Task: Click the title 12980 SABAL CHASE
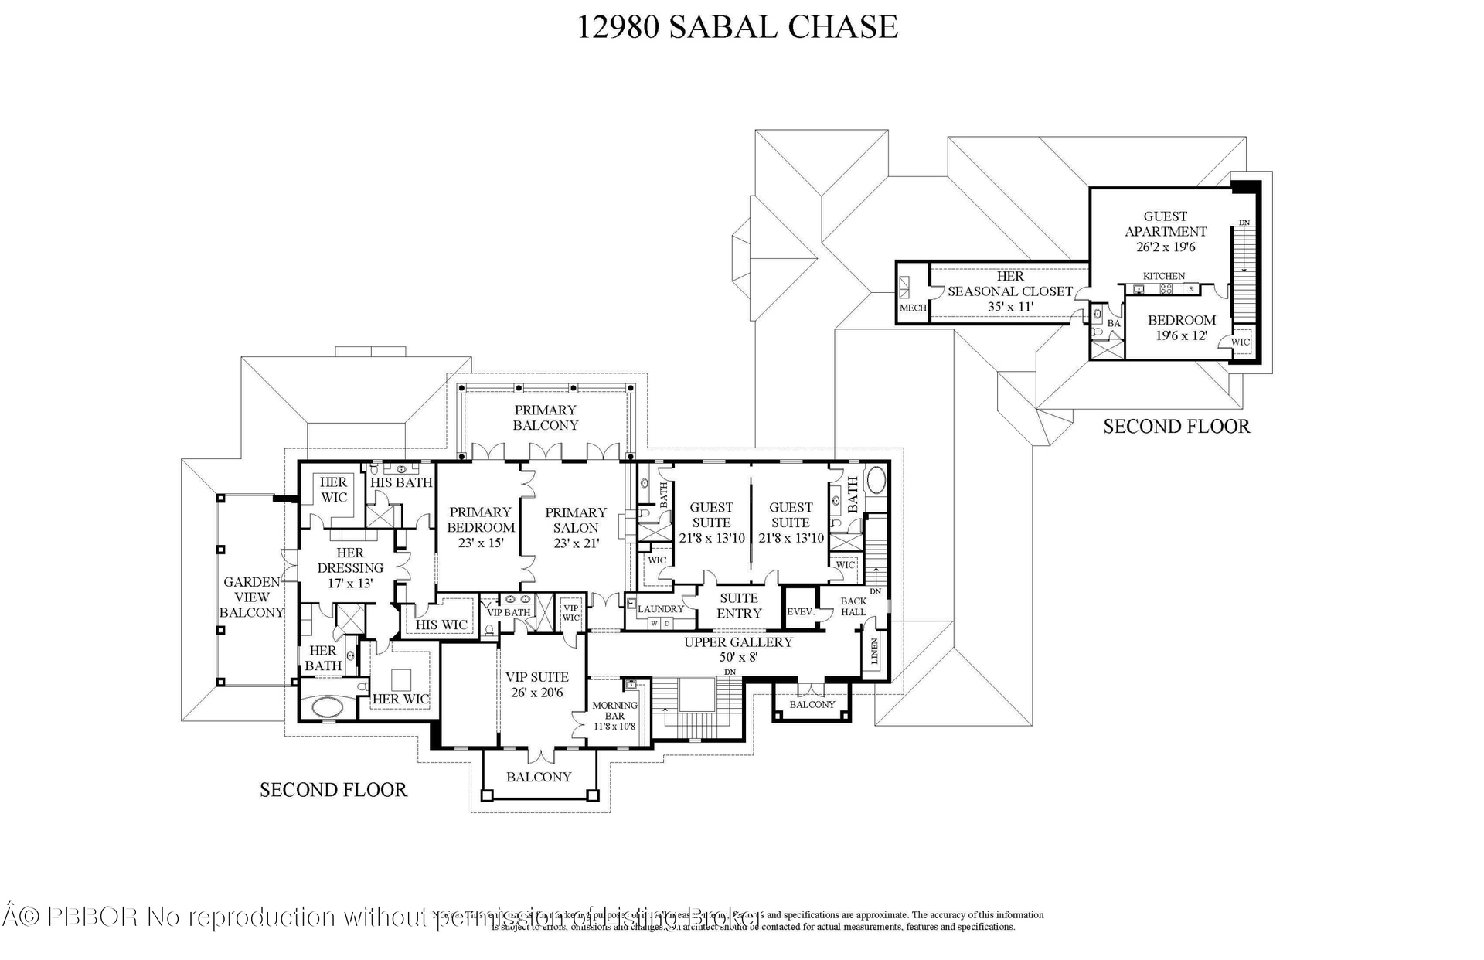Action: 737,26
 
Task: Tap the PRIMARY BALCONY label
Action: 545,417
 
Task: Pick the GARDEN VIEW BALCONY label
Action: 251,597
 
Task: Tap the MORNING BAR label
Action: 614,710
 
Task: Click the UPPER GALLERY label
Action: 738,642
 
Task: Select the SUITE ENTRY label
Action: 739,605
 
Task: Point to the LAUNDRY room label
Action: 661,609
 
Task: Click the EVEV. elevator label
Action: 801,611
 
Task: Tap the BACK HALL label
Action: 853,606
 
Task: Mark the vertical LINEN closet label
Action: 875,652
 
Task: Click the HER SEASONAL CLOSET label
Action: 1010,284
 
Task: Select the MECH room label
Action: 912,308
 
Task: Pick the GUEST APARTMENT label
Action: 1166,224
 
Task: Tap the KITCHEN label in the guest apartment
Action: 1164,276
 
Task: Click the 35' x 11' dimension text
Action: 1010,307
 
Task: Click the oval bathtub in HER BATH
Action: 328,707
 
